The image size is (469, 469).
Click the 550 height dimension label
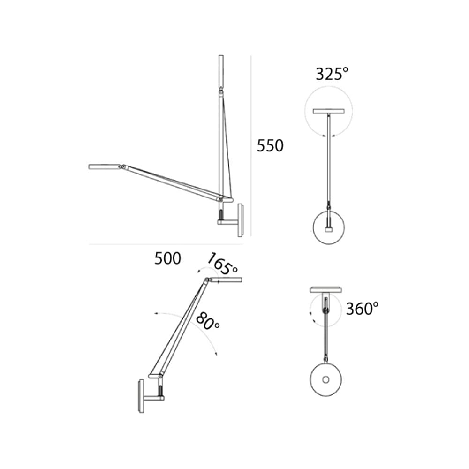270,146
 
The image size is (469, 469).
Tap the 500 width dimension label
167,258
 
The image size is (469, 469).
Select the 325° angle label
332,74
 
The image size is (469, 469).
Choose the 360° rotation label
362,309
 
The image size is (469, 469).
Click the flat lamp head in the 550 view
104,166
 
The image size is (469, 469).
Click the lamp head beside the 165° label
225,280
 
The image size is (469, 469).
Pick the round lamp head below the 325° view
328,228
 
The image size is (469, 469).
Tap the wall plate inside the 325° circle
328,112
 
